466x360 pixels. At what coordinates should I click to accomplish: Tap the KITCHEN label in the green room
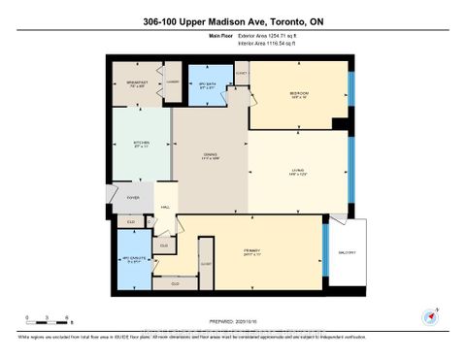[141, 144]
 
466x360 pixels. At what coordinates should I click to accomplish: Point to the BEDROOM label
[298, 94]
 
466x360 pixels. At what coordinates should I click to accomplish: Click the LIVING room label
[298, 173]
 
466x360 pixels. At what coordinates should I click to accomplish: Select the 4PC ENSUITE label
[132, 258]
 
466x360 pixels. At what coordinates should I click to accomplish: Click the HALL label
[166, 206]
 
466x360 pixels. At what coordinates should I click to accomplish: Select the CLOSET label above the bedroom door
[241, 73]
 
